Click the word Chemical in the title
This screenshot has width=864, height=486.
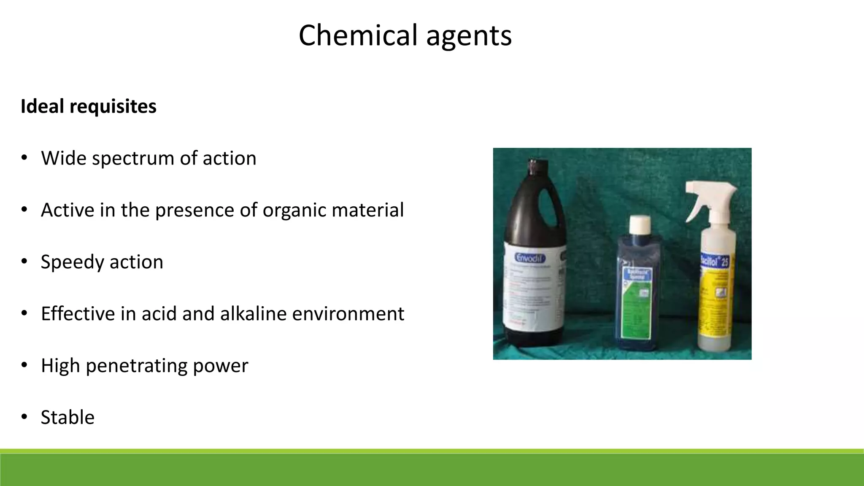point(358,35)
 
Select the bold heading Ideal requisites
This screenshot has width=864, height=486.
point(89,106)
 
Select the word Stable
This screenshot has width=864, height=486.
point(67,418)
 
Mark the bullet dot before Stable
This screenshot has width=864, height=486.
point(24,417)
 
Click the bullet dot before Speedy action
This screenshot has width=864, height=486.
point(24,261)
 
